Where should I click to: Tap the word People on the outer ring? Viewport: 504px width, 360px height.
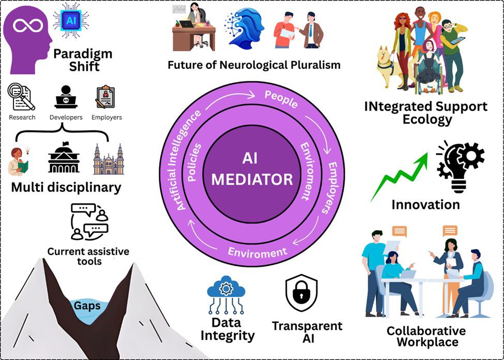pos(281,99)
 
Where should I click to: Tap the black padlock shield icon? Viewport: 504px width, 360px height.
pos(301,294)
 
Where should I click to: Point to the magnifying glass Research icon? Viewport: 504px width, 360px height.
pos(21,97)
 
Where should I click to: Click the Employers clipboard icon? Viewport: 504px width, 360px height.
pos(105,97)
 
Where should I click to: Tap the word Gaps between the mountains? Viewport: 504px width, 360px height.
pos(86,306)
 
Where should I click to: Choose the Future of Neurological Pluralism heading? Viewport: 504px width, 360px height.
pos(254,65)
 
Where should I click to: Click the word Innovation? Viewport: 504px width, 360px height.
pos(425,204)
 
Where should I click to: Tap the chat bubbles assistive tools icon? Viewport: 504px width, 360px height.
pos(89,221)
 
